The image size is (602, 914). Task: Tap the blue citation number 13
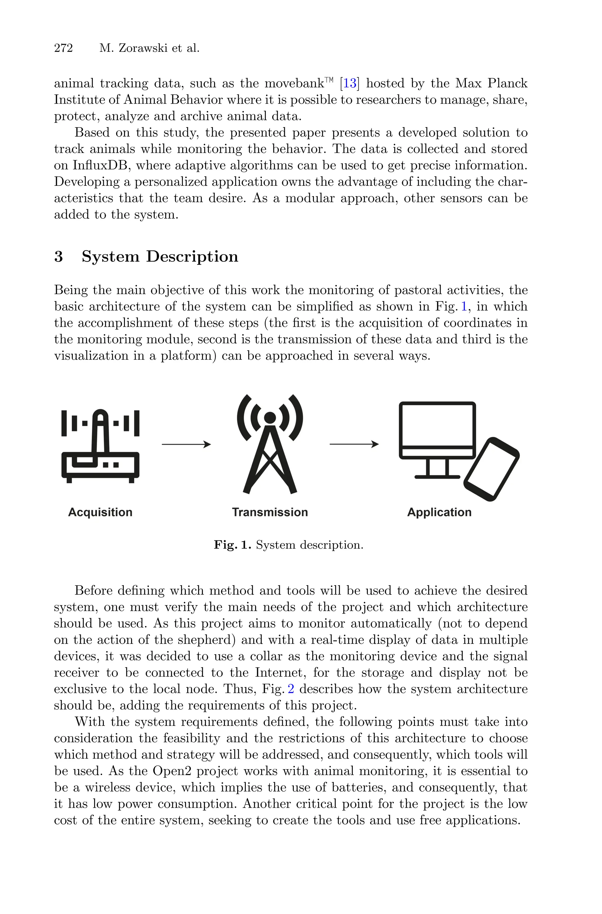click(350, 83)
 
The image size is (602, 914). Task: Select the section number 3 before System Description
click(58, 256)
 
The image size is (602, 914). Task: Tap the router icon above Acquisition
click(100, 446)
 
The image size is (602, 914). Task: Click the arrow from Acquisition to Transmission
click(186, 444)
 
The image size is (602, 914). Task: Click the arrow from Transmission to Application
click(354, 444)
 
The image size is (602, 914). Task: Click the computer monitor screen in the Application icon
click(437, 425)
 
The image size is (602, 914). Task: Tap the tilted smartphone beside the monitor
click(492, 469)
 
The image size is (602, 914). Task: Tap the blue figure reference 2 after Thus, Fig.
click(291, 689)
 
